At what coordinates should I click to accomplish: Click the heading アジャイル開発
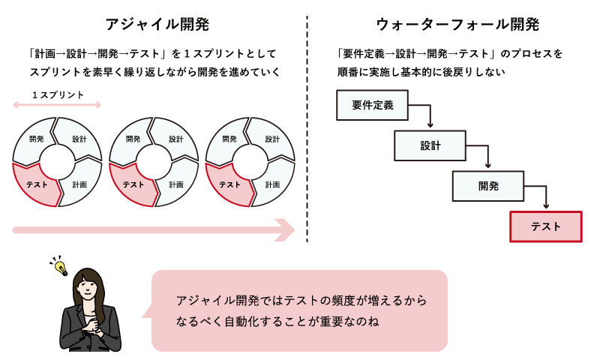point(157,23)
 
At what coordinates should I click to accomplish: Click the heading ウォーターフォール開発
point(457,23)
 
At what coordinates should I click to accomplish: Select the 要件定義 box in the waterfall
point(373,106)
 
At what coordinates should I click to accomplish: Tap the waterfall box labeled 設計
point(430,145)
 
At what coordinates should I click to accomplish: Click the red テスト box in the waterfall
point(545,226)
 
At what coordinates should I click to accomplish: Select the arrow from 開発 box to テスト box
point(545,199)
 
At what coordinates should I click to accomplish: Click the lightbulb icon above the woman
point(59,265)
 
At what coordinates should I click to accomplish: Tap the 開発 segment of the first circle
point(36,139)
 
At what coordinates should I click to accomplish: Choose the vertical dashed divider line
point(307,127)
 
